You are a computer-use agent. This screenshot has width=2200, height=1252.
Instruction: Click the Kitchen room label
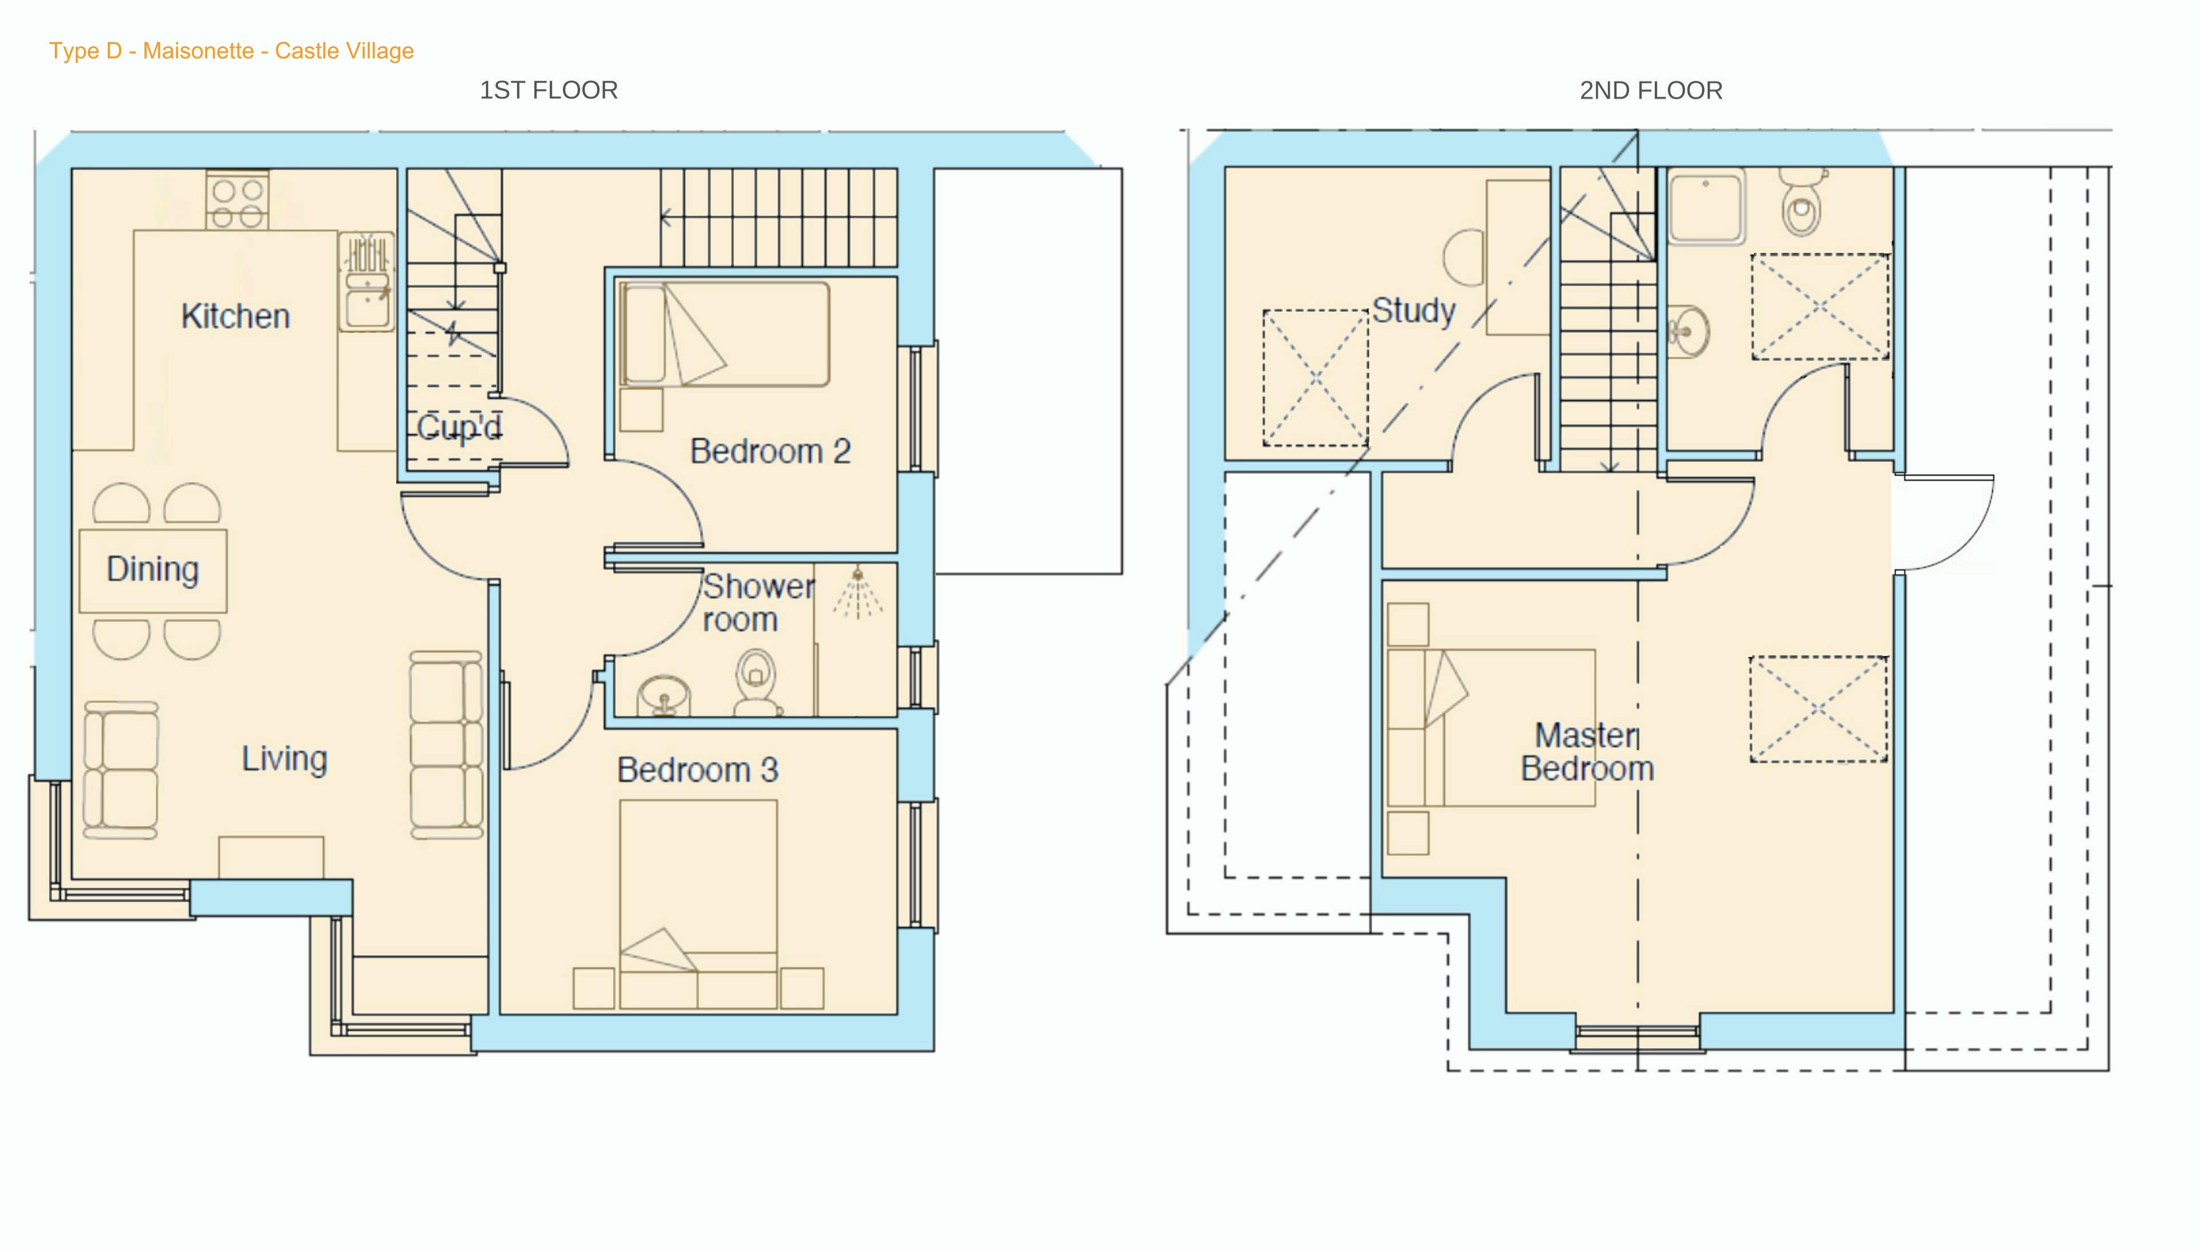point(236,316)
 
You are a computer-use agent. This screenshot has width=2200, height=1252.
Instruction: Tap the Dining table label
point(153,569)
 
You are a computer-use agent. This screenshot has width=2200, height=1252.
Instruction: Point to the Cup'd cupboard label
point(459,428)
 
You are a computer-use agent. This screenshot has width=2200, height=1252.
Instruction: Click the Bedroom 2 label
point(770,452)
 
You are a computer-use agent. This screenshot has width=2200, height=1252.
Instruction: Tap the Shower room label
point(757,603)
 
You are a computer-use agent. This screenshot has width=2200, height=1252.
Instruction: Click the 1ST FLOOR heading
point(549,90)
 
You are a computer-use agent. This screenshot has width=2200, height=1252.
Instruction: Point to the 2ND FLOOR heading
point(1651,90)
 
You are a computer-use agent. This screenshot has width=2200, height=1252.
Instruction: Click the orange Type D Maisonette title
point(231,51)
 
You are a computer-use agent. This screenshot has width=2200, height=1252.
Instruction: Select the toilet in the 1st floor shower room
point(757,681)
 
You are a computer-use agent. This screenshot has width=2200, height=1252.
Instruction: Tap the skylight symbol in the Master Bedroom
point(1818,710)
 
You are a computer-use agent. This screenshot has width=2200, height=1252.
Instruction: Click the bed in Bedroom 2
point(724,335)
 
